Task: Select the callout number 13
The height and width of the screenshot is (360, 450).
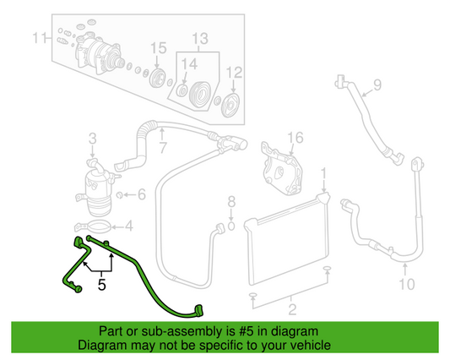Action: (x=199, y=39)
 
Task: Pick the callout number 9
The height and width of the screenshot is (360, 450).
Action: (x=377, y=85)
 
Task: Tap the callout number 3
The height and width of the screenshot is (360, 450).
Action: (x=93, y=138)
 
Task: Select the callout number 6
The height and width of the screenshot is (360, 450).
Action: (x=141, y=194)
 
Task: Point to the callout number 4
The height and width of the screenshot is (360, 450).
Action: (x=128, y=226)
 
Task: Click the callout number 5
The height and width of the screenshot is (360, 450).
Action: (x=101, y=285)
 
